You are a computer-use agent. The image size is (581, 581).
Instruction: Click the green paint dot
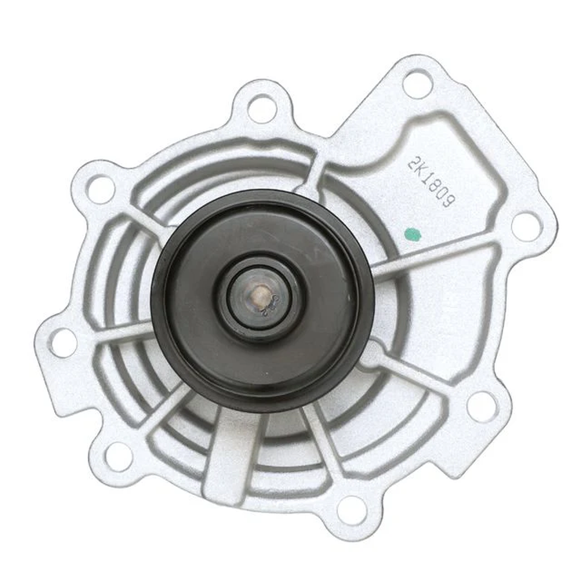[x=411, y=234]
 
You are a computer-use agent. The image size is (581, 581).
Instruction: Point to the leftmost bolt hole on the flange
[x=63, y=342]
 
